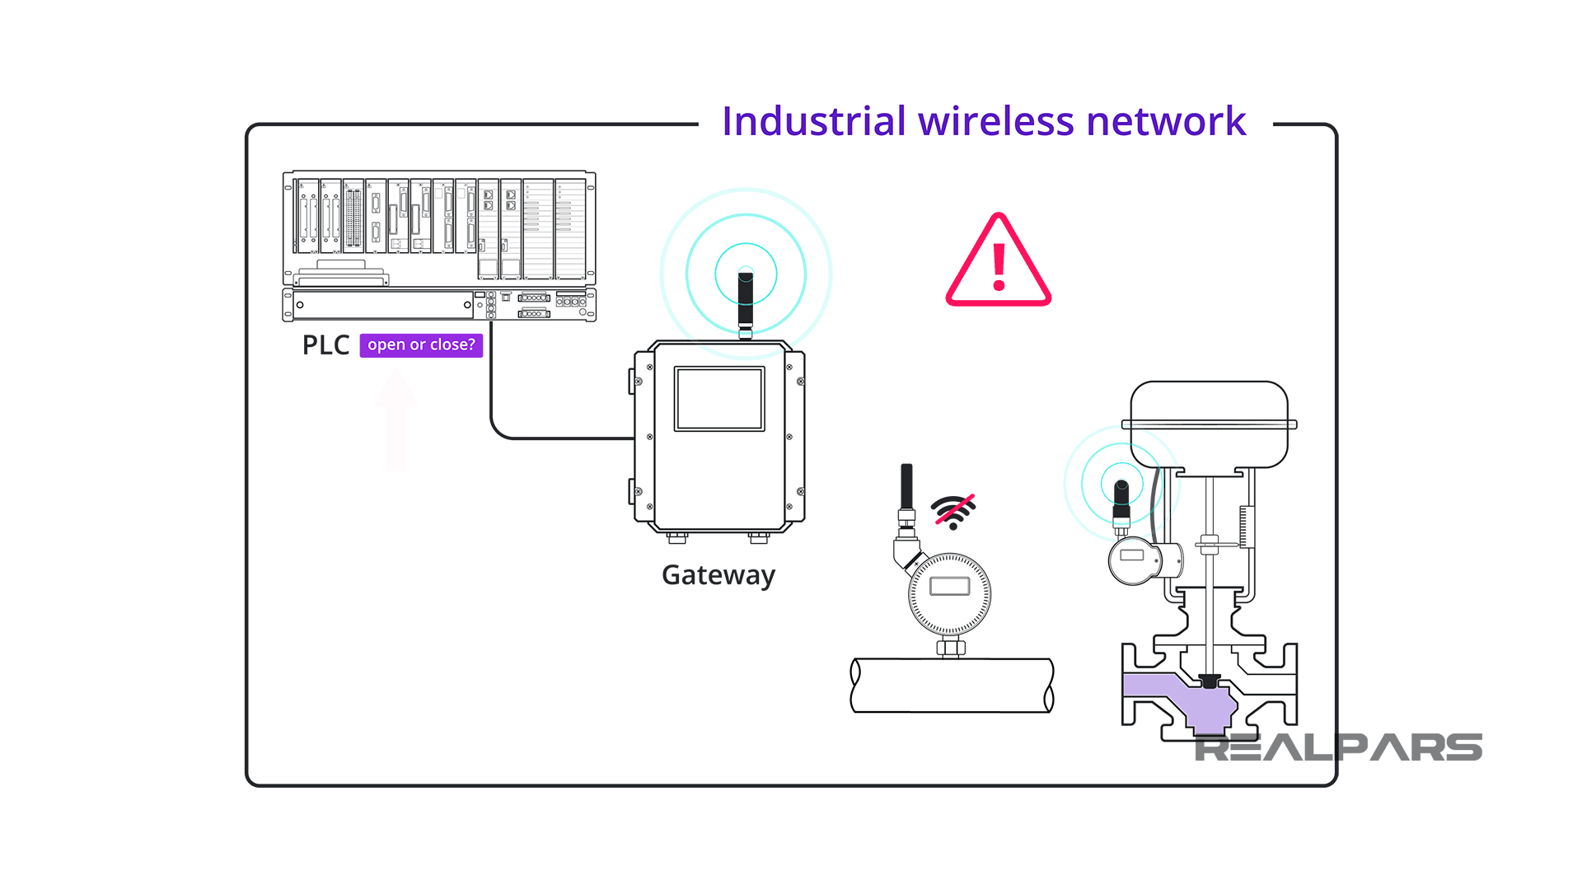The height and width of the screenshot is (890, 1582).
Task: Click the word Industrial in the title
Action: pos(813,122)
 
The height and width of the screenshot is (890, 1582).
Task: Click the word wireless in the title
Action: pos(996,122)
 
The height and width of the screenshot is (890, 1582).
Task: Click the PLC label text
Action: pos(325,345)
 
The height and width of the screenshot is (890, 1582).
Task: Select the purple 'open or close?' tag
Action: pos(421,345)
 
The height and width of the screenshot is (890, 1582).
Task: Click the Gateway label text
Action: pos(718,575)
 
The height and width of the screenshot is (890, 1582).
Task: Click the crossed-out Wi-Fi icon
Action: pos(954,511)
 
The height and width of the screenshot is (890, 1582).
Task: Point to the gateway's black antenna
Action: pos(746,301)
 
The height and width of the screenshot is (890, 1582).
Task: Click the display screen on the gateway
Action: pos(719,400)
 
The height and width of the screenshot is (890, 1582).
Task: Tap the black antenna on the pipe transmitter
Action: pos(906,486)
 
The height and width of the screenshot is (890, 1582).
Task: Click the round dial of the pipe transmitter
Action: pos(949,594)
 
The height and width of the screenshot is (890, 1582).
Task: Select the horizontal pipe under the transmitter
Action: pos(952,686)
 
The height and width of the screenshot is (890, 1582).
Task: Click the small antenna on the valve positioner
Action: pos(1121,499)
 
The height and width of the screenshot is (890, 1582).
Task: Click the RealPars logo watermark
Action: pos(1338,748)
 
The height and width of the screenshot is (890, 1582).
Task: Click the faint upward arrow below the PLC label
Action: pos(396,420)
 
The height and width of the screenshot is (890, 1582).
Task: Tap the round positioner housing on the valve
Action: pos(1135,560)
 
